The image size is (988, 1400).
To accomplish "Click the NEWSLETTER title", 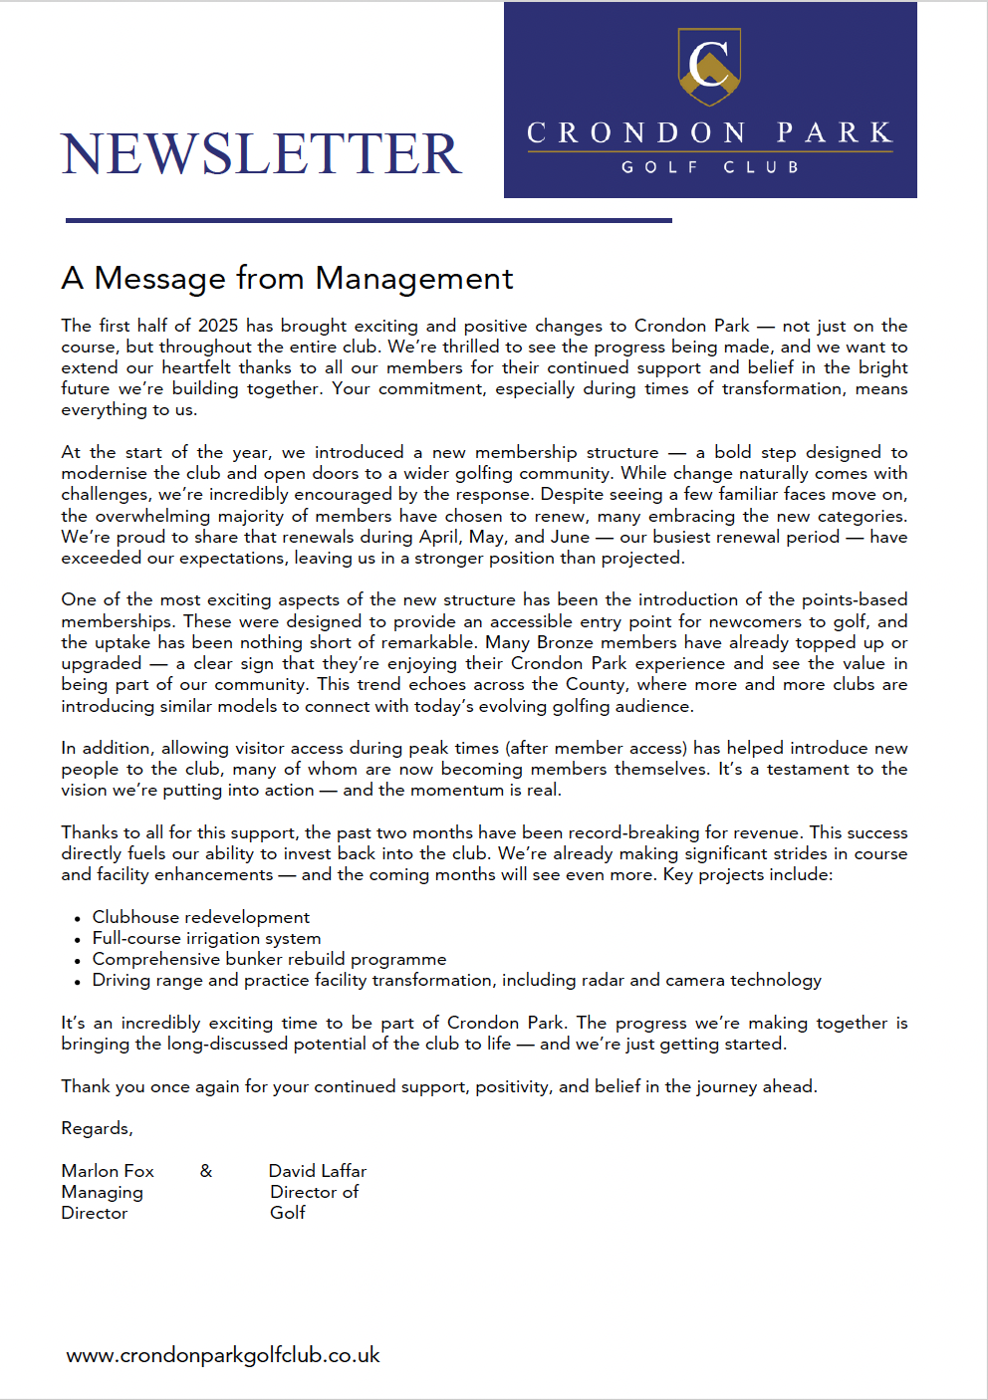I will (261, 154).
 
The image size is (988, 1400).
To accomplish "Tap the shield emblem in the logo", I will (709, 66).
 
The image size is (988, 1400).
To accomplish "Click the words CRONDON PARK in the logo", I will (709, 132).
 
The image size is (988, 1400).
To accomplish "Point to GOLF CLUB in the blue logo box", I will (709, 167).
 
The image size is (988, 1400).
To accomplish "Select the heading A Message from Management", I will (287, 278).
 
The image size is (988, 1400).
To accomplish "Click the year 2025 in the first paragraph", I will (218, 326).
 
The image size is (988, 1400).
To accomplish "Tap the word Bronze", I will (565, 642).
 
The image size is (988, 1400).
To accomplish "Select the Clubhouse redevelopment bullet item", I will (201, 917).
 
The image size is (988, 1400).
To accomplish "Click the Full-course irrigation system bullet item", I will (207, 938).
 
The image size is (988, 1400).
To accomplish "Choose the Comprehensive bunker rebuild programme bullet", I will (269, 959).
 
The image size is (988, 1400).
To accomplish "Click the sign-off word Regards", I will (97, 1128).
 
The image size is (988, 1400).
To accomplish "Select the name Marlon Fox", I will (108, 1171).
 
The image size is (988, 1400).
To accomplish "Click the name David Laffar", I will (318, 1171).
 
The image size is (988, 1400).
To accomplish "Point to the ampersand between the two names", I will (206, 1171).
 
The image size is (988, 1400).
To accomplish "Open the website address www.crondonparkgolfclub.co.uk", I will (223, 1355).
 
